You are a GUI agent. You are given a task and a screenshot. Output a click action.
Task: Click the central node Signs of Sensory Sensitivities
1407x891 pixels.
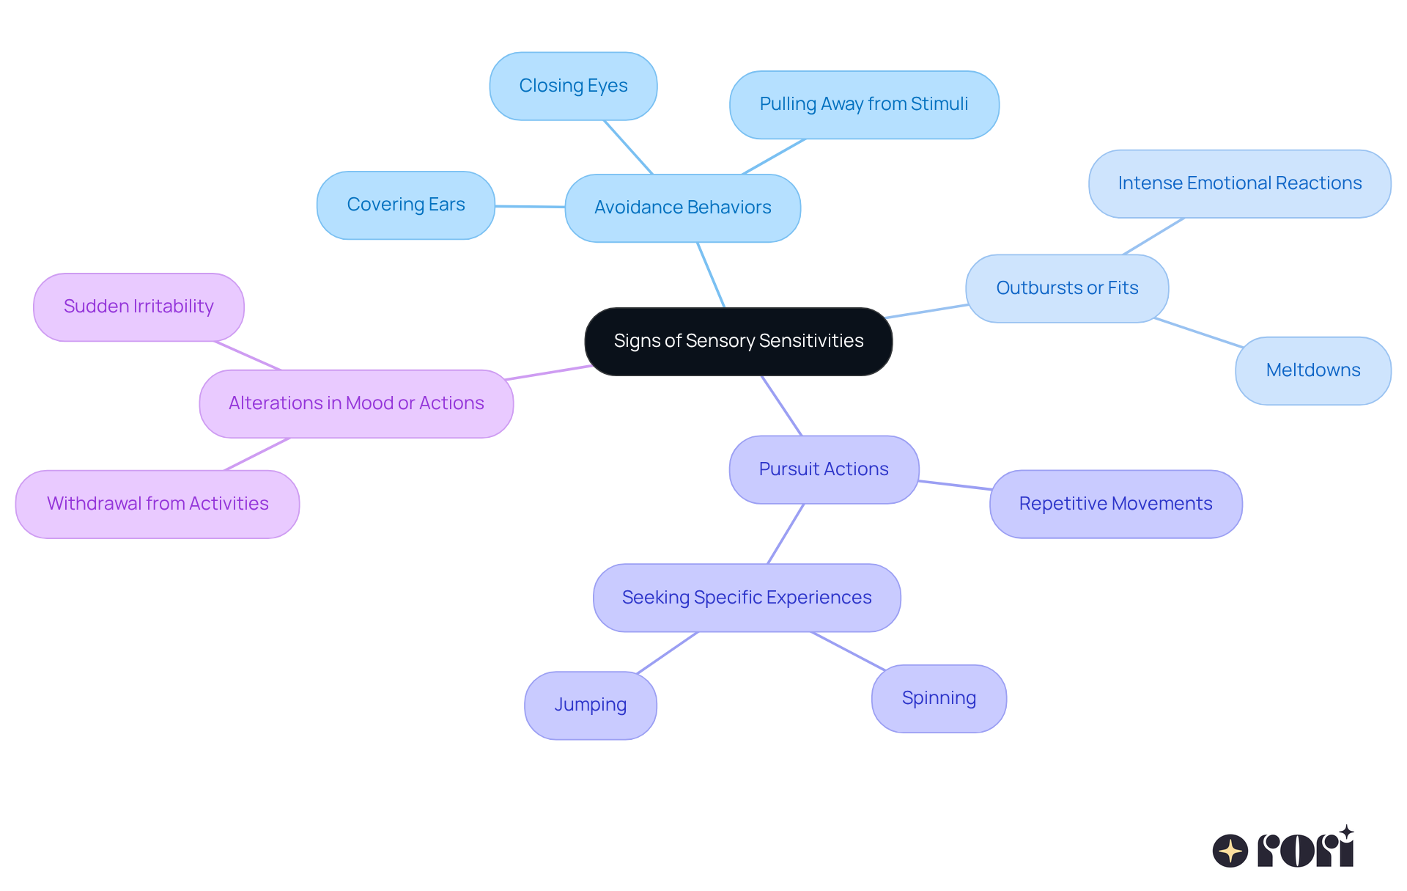738,341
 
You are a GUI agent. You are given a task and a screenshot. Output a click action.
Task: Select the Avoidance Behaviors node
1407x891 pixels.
682,208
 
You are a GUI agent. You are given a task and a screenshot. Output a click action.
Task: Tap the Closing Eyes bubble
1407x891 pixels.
573,86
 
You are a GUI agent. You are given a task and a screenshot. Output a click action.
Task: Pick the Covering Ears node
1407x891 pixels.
405,205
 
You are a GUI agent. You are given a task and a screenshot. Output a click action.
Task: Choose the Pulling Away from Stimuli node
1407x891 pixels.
863,104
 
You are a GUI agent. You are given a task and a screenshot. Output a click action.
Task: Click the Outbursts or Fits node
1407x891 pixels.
1066,288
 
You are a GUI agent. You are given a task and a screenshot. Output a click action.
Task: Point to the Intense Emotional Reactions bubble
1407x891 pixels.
1239,183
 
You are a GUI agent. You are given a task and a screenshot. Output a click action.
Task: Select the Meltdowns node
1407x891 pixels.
1312,370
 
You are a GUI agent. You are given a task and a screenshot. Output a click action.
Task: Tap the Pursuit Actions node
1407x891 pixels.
824,469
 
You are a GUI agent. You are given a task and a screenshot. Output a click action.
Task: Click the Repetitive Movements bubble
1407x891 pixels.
1115,504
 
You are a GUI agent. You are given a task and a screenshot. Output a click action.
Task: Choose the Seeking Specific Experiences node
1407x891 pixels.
746,598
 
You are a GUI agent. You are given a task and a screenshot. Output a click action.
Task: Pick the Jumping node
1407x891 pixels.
590,705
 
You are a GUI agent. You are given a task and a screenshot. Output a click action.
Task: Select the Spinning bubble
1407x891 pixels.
939,698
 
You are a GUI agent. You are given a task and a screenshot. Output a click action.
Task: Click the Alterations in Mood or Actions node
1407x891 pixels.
356,403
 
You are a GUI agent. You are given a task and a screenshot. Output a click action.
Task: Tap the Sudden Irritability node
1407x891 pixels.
139,307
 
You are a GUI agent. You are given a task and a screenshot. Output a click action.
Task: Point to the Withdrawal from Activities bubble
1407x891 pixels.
158,504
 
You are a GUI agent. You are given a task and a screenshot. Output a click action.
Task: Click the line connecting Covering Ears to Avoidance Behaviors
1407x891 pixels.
530,207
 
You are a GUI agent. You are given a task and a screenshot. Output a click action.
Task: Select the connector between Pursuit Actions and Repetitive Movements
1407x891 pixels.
954,485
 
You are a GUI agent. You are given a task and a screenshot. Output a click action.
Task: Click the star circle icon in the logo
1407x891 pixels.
1230,851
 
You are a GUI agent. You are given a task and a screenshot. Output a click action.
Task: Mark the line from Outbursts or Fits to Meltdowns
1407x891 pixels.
1198,333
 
